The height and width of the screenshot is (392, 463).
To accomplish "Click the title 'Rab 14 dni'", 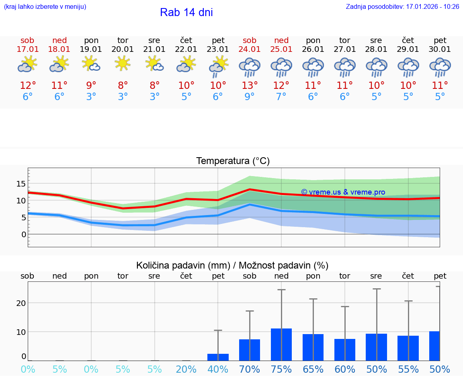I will pyautogui.click(x=186, y=12).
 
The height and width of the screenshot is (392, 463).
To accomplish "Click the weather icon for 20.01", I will pyautogui.click(x=123, y=64).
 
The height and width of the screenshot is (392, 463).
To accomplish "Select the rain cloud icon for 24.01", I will pyautogui.click(x=250, y=67).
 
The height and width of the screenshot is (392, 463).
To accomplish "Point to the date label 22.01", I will pyautogui.click(x=186, y=49).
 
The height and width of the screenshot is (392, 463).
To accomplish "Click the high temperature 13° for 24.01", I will pyautogui.click(x=250, y=86).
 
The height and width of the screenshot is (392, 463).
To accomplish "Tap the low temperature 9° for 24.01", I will pyautogui.click(x=250, y=97).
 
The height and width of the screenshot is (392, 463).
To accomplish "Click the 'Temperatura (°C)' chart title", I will pyautogui.click(x=233, y=161).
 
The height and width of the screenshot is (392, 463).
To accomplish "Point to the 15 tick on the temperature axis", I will pyautogui.click(x=21, y=184).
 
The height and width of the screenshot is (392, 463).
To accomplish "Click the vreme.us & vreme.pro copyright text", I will pyautogui.click(x=343, y=192).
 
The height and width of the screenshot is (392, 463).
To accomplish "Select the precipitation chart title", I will pyautogui.click(x=232, y=265).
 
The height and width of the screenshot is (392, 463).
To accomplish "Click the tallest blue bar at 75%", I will pyautogui.click(x=281, y=345).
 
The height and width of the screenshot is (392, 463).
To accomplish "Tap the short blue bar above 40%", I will pyautogui.click(x=218, y=357).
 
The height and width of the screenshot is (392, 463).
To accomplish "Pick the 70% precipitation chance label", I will pyautogui.click(x=250, y=369).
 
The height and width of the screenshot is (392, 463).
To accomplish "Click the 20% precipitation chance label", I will pyautogui.click(x=186, y=369).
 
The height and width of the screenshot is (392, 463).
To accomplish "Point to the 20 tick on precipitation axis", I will pyautogui.click(x=21, y=303).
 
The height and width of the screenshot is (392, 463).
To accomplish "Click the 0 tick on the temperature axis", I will pyautogui.click(x=24, y=234).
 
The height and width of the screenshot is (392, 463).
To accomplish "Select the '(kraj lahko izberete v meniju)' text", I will pyautogui.click(x=45, y=7).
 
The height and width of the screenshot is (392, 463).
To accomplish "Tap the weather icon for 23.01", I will pyautogui.click(x=218, y=66).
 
